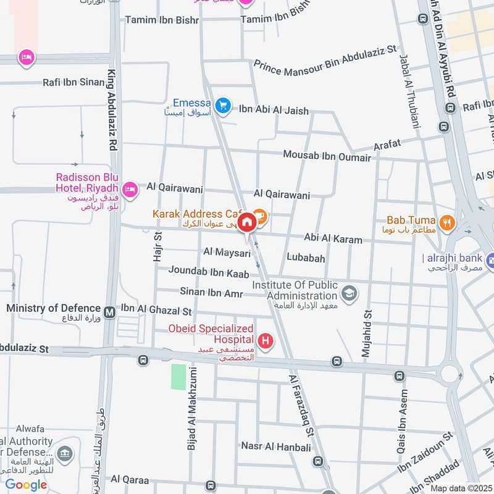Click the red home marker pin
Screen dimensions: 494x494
tap(246, 222)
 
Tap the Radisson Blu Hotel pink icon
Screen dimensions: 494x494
tap(130, 190)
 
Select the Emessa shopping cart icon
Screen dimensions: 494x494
tap(224, 106)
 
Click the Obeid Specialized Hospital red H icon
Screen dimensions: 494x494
tap(266, 340)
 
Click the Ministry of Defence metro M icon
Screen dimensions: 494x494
tap(110, 312)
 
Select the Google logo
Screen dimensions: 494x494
tap(26, 485)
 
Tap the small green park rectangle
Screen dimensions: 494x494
tap(178, 377)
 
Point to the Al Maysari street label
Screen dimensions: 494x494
tap(227, 253)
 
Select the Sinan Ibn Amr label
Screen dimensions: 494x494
tap(212, 291)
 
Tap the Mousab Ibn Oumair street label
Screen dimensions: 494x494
tap(327, 156)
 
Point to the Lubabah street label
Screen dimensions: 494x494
tap(306, 257)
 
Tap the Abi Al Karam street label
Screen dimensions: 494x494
tap(333, 238)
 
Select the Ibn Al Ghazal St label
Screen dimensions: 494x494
tap(156, 308)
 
